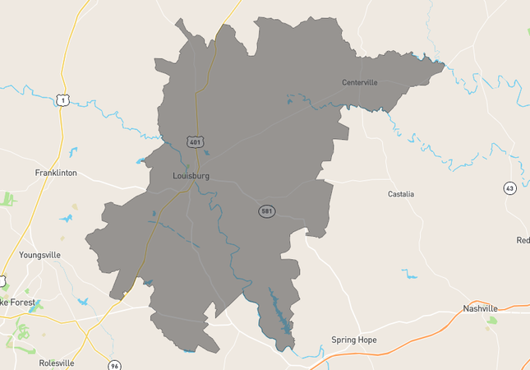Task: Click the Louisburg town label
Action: click(x=191, y=176)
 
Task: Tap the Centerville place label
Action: click(x=359, y=82)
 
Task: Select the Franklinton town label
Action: click(x=56, y=173)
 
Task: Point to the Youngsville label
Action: click(x=39, y=255)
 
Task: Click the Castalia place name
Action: click(x=401, y=194)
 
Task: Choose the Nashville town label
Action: click(x=481, y=308)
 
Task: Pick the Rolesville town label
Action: click(x=57, y=363)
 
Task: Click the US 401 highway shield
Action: click(x=195, y=142)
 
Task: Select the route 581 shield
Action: click(x=266, y=211)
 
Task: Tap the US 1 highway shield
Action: click(x=62, y=99)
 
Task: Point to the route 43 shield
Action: click(x=510, y=188)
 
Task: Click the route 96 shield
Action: click(x=114, y=364)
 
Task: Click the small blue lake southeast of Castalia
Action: click(x=409, y=274)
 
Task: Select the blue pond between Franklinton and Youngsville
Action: click(x=65, y=219)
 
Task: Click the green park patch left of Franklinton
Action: click(x=8, y=199)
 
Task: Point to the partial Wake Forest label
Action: click(x=16, y=302)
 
